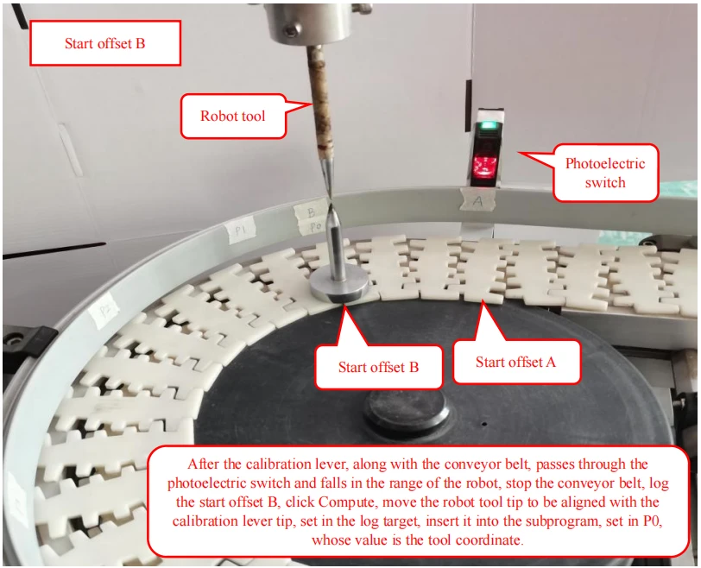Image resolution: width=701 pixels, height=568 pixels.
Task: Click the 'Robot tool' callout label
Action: click(233, 116)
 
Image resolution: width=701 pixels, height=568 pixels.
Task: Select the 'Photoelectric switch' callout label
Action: click(605, 173)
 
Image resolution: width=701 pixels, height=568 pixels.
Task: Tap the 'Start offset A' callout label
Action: click(516, 362)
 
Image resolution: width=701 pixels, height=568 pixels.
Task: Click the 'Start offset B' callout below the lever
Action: click(378, 367)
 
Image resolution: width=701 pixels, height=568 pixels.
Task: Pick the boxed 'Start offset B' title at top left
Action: click(105, 43)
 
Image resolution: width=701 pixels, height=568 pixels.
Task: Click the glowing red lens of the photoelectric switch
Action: click(483, 166)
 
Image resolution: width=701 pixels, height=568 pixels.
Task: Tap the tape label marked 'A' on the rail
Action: click(478, 200)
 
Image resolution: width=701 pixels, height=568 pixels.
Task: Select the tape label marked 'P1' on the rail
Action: click(241, 230)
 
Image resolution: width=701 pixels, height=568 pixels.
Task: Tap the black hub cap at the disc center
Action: click(407, 410)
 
